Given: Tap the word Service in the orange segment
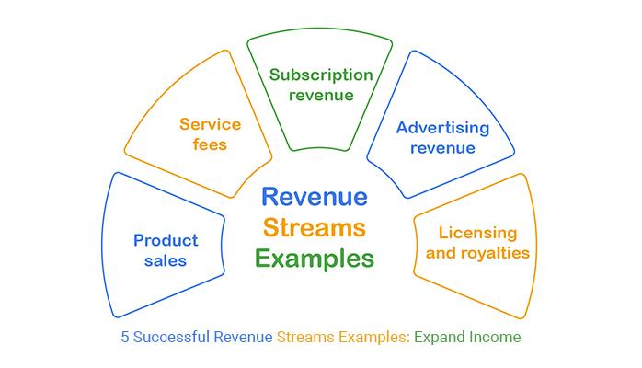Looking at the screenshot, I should coord(210,122).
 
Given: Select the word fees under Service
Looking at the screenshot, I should coord(210,144).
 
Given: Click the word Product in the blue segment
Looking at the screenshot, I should coord(166,240).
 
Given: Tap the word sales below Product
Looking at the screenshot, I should coord(166,261).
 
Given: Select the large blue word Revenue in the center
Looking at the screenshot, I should coord(315,197).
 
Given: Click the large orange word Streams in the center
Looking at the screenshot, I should coord(315,227).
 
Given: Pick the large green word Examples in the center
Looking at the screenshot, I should coord(315,259).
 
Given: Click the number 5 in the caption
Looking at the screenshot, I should coord(125,338).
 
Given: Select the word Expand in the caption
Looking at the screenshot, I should coord(442,338).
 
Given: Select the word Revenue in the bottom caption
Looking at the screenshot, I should coord(243,338).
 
